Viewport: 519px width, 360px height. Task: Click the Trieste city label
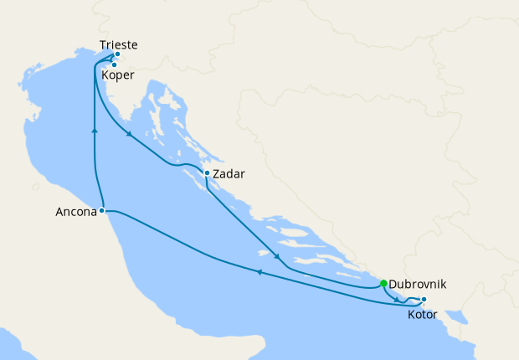[x=117, y=45]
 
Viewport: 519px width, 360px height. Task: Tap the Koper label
[x=117, y=75]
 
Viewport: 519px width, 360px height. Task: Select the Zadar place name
[x=229, y=175]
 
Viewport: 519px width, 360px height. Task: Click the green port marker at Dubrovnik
[x=383, y=283]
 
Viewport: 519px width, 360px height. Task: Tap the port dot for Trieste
[x=117, y=54]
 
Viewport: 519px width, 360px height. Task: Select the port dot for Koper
[x=113, y=64]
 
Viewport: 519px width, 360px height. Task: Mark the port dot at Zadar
[x=207, y=174]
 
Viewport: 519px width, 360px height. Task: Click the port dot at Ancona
[x=101, y=210]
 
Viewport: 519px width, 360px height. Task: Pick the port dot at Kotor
[x=424, y=300]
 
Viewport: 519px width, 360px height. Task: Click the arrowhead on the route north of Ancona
[x=94, y=131]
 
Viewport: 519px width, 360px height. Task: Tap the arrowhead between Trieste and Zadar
[x=129, y=135]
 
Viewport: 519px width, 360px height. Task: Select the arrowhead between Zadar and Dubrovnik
[x=275, y=255]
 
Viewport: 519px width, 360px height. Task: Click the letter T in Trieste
[x=102, y=45]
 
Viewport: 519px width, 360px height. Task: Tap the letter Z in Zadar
[x=217, y=175]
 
